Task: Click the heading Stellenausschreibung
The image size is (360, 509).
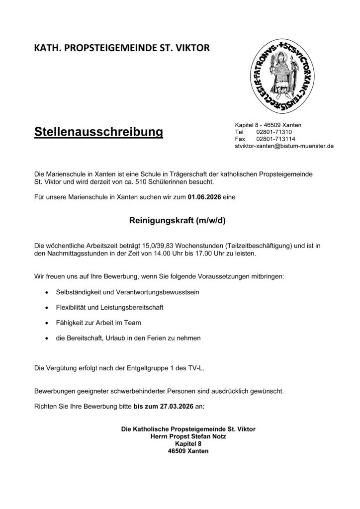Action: pyautogui.click(x=99, y=133)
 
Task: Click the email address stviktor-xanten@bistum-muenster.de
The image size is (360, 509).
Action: pyautogui.click(x=284, y=147)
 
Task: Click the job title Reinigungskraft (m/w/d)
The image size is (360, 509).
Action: pyautogui.click(x=178, y=221)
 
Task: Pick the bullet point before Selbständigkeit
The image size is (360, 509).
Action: pyautogui.click(x=46, y=292)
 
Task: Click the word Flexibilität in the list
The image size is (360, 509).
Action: pyautogui.click(x=72, y=307)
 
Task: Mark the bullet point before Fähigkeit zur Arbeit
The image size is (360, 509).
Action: pyautogui.click(x=46, y=323)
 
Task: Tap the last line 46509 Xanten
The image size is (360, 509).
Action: pyautogui.click(x=188, y=451)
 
